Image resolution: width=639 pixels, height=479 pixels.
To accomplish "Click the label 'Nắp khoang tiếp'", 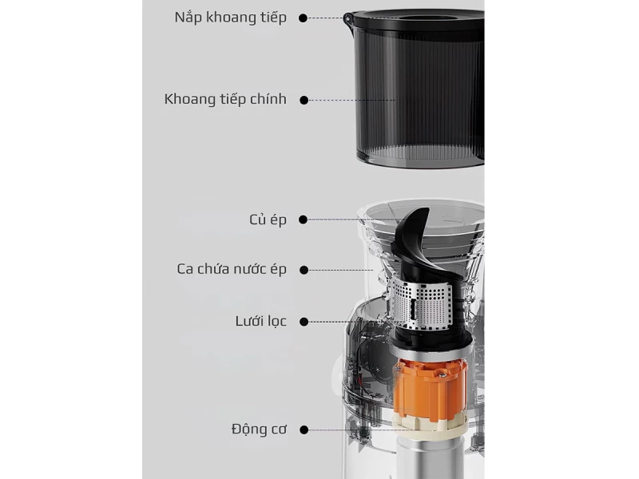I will [230, 18].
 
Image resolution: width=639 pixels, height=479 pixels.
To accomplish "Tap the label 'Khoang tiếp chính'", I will [225, 100].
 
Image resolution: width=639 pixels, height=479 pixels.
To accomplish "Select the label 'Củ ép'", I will [268, 220].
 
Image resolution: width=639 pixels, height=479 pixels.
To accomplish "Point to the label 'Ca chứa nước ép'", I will [232, 269].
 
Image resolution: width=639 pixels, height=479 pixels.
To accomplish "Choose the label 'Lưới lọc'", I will [260, 321].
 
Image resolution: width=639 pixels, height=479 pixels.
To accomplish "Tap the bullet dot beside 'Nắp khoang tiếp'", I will [304, 18].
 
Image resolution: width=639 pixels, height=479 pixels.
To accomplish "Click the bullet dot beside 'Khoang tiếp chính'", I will [304, 100].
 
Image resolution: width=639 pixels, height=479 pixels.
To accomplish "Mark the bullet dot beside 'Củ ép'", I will [304, 220].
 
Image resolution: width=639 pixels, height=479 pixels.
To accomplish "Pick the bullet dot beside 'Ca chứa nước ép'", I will [304, 269].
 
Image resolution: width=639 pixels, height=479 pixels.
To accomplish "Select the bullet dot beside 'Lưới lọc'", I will [304, 321].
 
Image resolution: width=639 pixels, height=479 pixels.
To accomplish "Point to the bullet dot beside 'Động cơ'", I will [304, 430].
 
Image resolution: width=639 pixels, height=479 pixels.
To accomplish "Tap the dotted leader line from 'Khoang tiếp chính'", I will [351, 100].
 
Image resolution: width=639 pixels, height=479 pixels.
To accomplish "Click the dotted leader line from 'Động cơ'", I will [351, 430].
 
